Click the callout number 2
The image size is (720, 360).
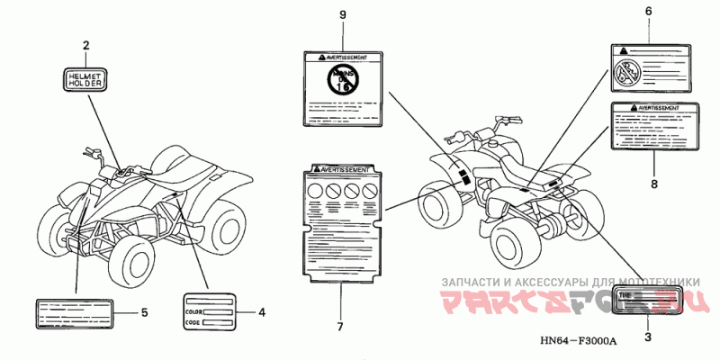point(86,45)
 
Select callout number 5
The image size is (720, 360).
point(144,312)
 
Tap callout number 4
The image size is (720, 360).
point(261,312)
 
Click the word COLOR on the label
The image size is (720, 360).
point(193,310)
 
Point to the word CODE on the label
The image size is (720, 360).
point(192,322)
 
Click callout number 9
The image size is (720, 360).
point(342,14)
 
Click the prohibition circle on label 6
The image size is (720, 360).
point(624,72)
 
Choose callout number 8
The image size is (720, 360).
point(653,184)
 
